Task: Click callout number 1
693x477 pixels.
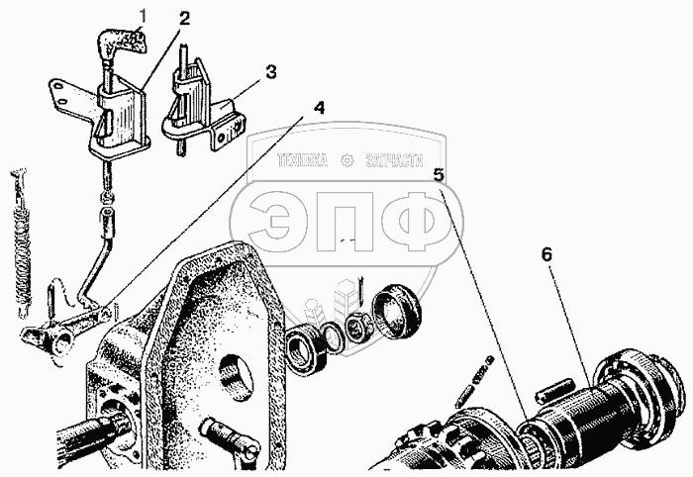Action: tap(143, 16)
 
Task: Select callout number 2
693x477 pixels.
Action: tap(184, 19)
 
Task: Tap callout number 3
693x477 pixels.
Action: tap(271, 71)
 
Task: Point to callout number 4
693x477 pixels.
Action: tap(319, 107)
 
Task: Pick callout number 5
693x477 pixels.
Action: tap(439, 175)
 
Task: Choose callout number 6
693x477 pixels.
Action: tap(547, 255)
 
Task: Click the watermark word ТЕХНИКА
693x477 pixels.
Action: tap(303, 160)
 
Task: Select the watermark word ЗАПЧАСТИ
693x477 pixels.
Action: tap(394, 160)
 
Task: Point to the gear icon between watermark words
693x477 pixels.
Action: tap(347, 160)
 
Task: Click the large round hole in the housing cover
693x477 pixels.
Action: tap(236, 377)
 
